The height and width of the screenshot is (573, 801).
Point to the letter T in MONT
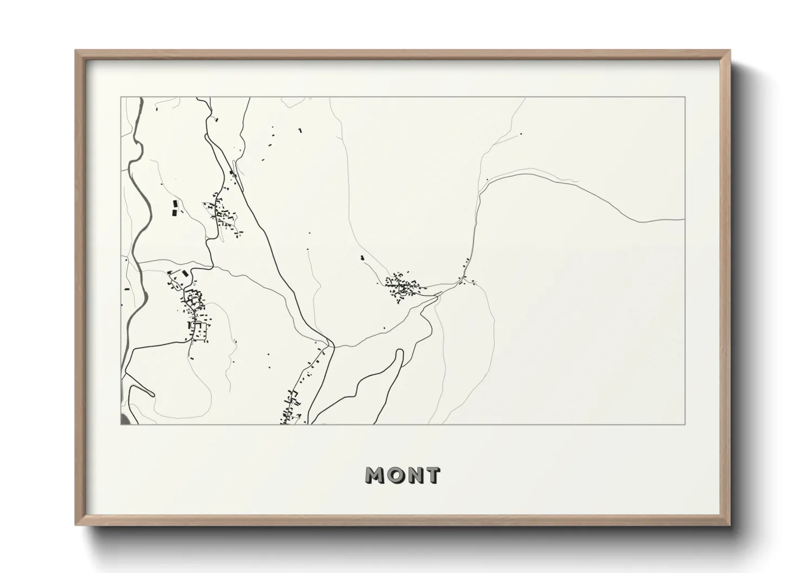point(432,476)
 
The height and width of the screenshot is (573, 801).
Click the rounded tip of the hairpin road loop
point(400,353)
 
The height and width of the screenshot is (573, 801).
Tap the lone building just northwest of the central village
point(362,258)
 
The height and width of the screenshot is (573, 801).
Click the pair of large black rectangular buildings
point(174,209)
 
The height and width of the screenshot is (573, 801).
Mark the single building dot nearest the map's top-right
point(521,134)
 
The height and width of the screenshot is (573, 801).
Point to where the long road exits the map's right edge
point(684,219)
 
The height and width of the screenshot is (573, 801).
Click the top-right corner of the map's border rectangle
point(685,97)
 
